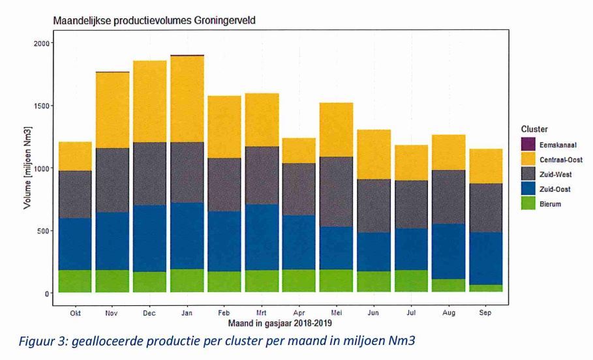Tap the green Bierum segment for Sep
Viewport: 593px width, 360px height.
pos(485,288)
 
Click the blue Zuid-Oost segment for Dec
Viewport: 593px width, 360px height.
pos(149,238)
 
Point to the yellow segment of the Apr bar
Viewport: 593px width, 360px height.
pos(299,151)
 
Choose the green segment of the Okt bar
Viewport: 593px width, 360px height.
pos(74,281)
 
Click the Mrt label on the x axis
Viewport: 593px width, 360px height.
pos(261,313)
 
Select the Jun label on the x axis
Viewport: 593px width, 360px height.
pos(373,313)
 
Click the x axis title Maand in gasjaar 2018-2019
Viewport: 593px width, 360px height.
pos(279,323)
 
